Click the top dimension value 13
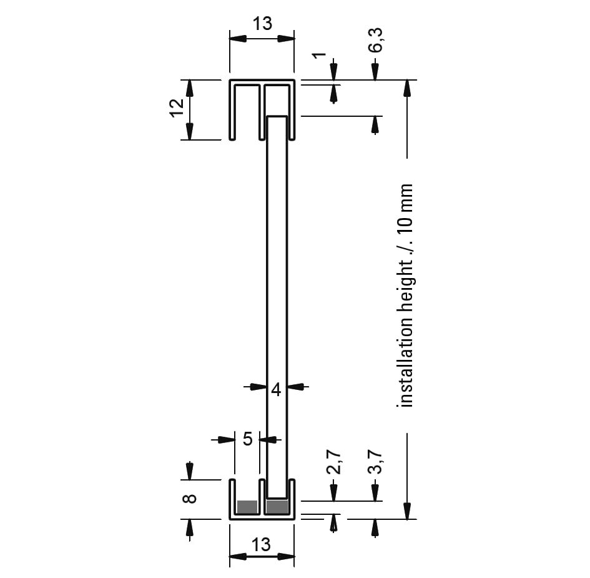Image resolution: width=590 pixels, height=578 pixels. [x=262, y=24]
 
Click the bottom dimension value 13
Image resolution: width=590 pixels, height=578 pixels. [x=261, y=545]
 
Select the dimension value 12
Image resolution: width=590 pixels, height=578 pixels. [x=177, y=109]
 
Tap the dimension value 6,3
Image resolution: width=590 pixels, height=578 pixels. [x=375, y=40]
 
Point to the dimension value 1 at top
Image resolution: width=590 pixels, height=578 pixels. [x=320, y=56]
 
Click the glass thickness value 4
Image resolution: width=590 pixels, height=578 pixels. [x=276, y=390]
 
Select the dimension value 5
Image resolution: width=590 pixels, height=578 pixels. [x=247, y=439]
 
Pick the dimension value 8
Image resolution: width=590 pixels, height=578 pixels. [x=189, y=499]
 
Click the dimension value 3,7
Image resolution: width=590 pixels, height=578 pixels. [x=375, y=462]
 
